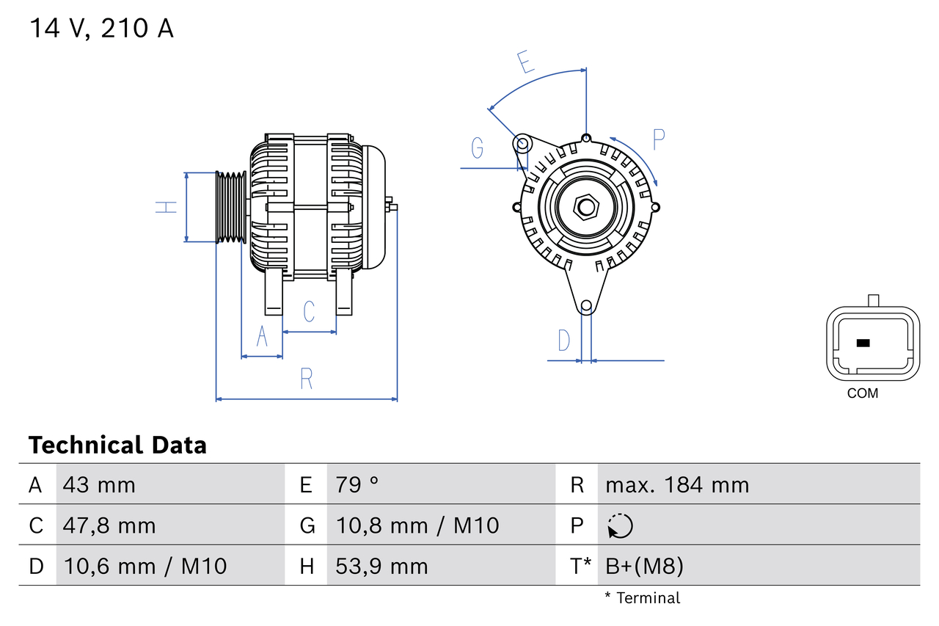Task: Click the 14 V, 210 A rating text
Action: pos(101,29)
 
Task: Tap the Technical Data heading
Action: pos(117,445)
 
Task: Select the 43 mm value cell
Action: pos(99,484)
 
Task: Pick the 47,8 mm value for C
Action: pos(109,525)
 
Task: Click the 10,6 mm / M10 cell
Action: pos(145,566)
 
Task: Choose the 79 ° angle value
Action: pos(357,484)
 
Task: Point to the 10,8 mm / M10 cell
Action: pos(417,525)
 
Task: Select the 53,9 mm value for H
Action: pos(381,566)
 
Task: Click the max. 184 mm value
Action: pos(677,484)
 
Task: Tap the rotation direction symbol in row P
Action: pos(620,525)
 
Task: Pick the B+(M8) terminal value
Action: pos(644,566)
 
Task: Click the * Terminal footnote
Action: pos(642,597)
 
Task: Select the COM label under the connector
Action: pos(862,393)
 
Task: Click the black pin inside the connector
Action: pos(863,343)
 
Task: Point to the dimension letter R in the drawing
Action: pos(307,379)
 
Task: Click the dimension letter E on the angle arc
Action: pos(525,62)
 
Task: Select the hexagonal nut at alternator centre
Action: pos(585,207)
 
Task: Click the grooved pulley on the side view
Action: pos(231,207)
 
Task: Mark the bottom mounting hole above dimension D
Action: pos(586,306)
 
